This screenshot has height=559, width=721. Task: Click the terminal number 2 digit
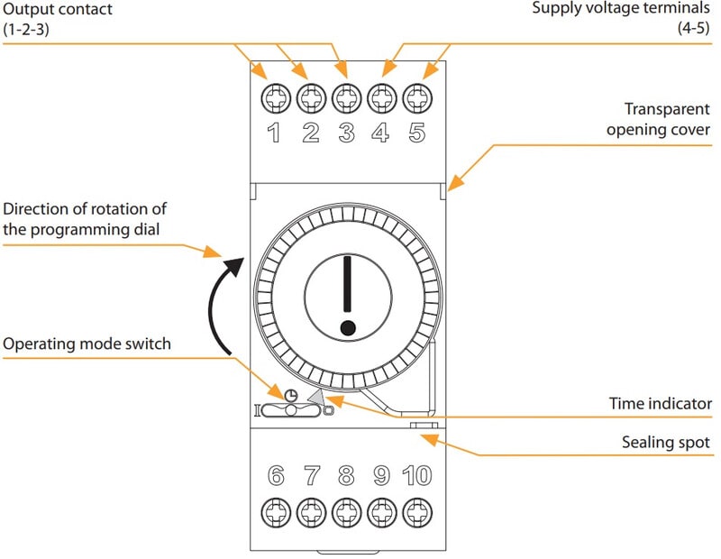(x=310, y=133)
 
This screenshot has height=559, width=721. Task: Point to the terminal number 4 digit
(x=381, y=133)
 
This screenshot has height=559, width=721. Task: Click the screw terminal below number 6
(x=275, y=512)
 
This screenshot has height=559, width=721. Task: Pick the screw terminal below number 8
(x=346, y=512)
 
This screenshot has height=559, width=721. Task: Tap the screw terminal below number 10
(x=416, y=512)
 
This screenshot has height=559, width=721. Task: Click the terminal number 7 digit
(x=311, y=476)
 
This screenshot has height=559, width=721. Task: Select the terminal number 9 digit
(x=381, y=476)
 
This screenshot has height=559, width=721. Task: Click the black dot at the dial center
(x=347, y=326)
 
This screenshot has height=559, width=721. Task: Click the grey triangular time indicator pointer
(x=315, y=397)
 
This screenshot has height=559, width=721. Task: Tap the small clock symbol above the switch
(x=290, y=395)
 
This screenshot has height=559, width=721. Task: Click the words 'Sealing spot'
(x=666, y=443)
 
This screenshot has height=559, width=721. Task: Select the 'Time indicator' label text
(x=660, y=404)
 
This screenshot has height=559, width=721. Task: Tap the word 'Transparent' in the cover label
(x=668, y=109)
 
